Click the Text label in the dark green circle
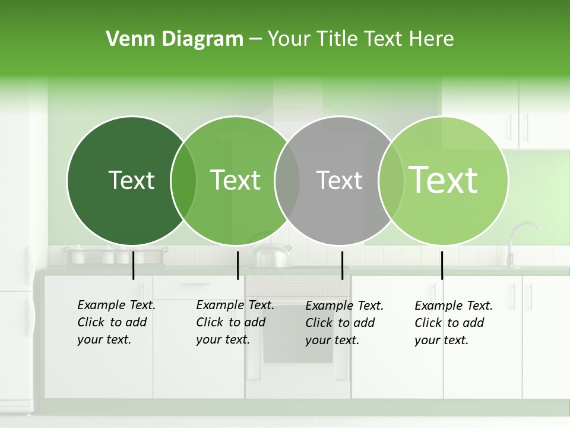click(131, 180)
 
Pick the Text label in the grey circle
click(339, 180)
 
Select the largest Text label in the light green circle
click(444, 180)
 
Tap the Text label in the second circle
click(235, 180)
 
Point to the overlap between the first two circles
click(183, 181)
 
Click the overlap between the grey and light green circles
click(390, 181)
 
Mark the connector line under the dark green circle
click(134, 265)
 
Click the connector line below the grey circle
click(343, 265)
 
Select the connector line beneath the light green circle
click(442, 265)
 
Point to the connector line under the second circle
click(237, 265)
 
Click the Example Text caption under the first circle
click(116, 305)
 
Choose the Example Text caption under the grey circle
click(344, 306)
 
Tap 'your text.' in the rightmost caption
click(441, 340)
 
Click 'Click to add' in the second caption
click(230, 322)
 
